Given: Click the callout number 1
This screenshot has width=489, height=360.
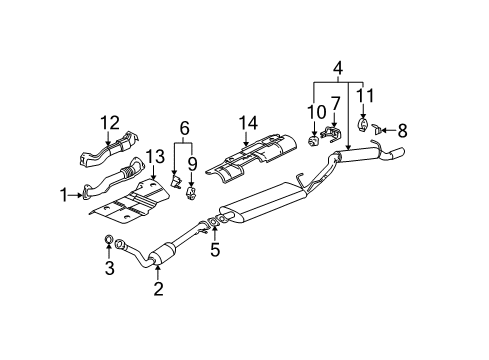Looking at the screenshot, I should point(66,195).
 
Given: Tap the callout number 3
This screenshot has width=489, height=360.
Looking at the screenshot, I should point(109,268).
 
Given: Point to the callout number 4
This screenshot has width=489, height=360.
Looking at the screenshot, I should point(337,69).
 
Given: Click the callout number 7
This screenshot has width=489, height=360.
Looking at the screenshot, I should point(337,102).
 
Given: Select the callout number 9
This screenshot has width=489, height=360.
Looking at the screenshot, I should point(193,163).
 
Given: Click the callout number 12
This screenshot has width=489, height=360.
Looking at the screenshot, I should point(109,122).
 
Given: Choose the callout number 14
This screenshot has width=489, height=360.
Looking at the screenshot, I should point(248,122).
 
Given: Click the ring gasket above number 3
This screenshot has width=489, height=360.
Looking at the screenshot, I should point(109,241).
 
